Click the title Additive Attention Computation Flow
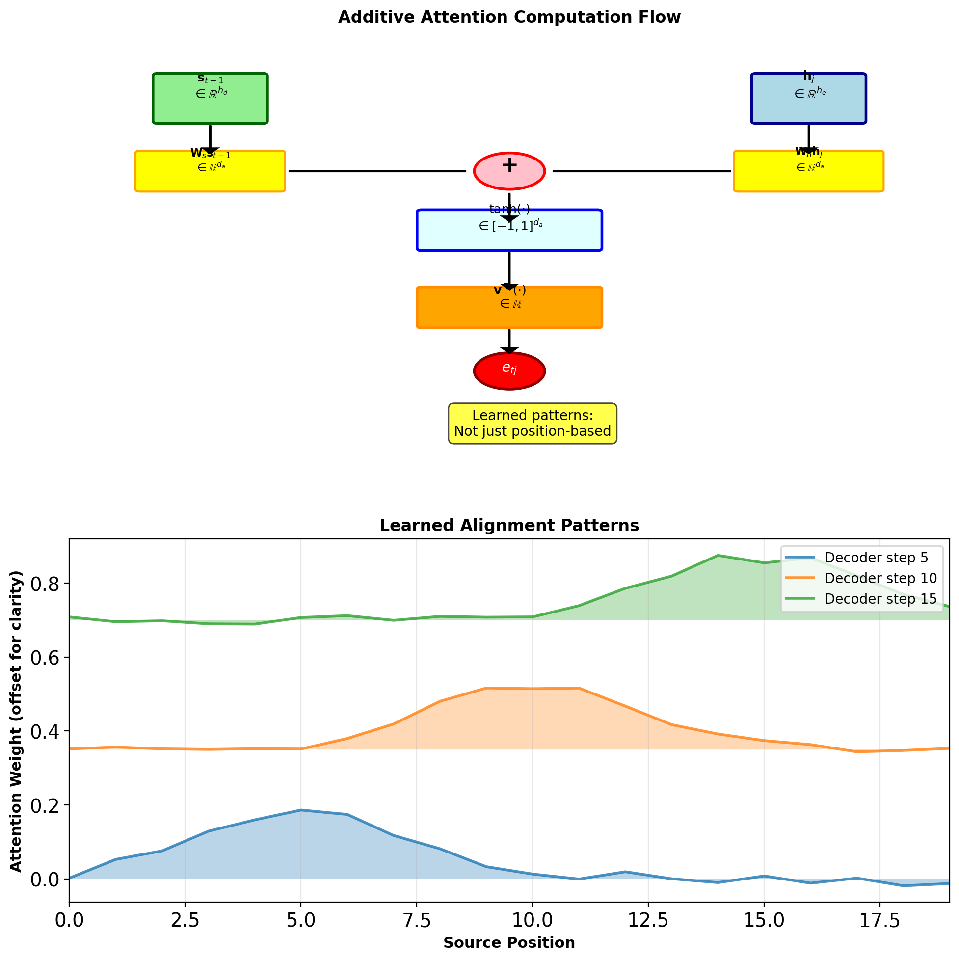tap(509, 17)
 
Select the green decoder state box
tap(210, 98)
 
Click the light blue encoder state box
tap(808, 98)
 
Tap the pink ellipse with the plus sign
tap(509, 171)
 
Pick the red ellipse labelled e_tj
tap(509, 371)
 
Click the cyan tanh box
tap(509, 230)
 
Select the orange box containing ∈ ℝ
tap(509, 307)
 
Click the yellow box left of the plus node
tap(210, 171)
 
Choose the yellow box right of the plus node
tap(808, 171)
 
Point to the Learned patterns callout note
tap(532, 424)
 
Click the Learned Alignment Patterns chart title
tap(509, 526)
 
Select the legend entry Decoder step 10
tap(880, 578)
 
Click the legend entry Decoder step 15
tap(880, 599)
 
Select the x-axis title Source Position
tap(509, 943)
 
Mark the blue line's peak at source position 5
tap(301, 810)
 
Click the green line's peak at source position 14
tap(718, 556)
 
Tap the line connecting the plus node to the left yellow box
tap(377, 171)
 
